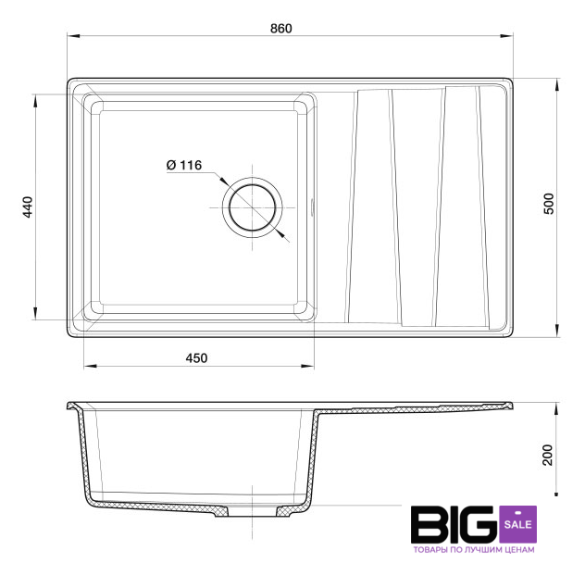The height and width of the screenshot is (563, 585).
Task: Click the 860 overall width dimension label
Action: click(281, 29)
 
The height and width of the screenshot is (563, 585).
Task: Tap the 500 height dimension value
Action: click(549, 204)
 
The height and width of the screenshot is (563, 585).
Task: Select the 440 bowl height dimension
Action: click(28, 207)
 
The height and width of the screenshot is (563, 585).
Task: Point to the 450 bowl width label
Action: click(196, 358)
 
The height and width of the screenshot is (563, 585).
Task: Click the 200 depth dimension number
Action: click(547, 455)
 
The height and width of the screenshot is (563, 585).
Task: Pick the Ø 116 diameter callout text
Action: click(184, 165)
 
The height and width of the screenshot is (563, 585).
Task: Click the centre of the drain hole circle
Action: click(253, 207)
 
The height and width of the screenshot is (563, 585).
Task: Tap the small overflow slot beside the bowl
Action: click(312, 206)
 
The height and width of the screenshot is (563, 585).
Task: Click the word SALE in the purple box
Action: click(517, 524)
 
